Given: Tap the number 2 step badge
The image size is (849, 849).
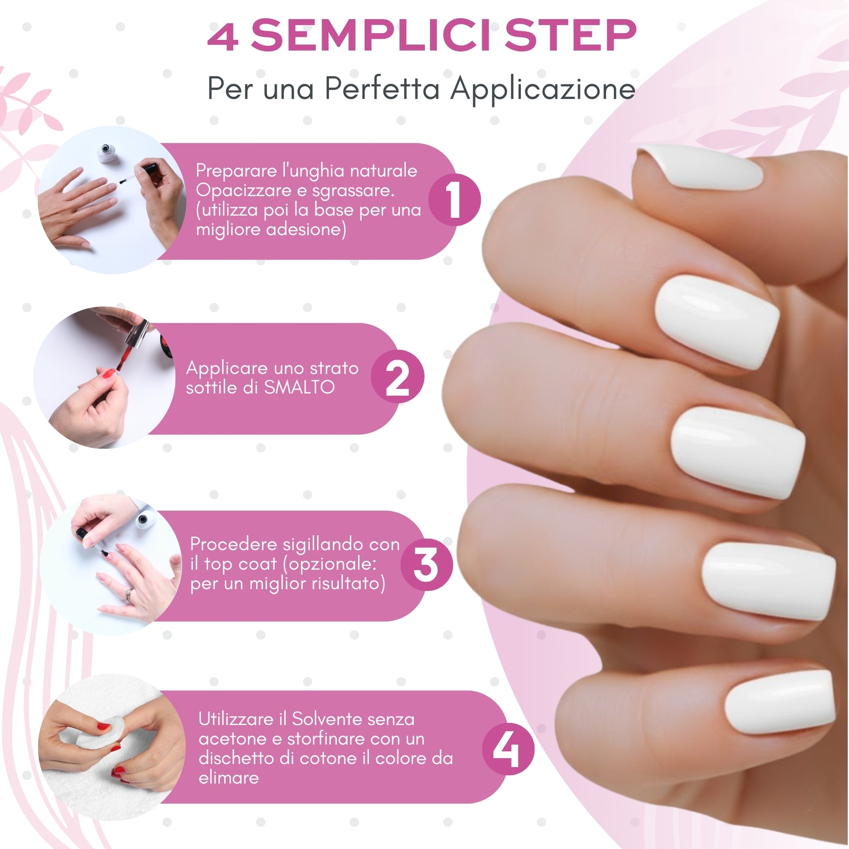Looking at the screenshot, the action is coord(397,377).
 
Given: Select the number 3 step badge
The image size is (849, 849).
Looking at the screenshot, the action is coord(426,565).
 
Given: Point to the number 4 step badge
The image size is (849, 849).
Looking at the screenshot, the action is coord(508,749).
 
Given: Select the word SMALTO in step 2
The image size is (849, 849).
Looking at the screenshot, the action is coord(299,387).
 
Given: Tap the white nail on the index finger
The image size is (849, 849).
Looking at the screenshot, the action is coord(717,322).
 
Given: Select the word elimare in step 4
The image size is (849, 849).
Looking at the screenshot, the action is coord(229,778).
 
